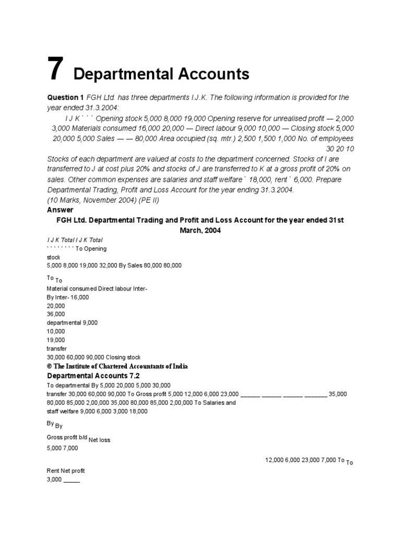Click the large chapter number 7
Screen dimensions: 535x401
click(55, 69)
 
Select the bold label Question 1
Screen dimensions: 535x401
click(65, 98)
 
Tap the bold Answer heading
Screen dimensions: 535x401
click(61, 210)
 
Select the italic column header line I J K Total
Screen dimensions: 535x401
click(75, 240)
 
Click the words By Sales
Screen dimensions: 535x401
click(133, 265)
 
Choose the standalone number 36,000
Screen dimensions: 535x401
click(56, 314)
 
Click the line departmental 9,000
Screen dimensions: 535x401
click(72, 322)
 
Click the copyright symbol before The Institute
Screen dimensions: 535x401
click(50, 366)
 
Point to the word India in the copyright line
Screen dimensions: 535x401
click(179, 366)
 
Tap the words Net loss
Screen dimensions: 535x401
click(99, 440)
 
